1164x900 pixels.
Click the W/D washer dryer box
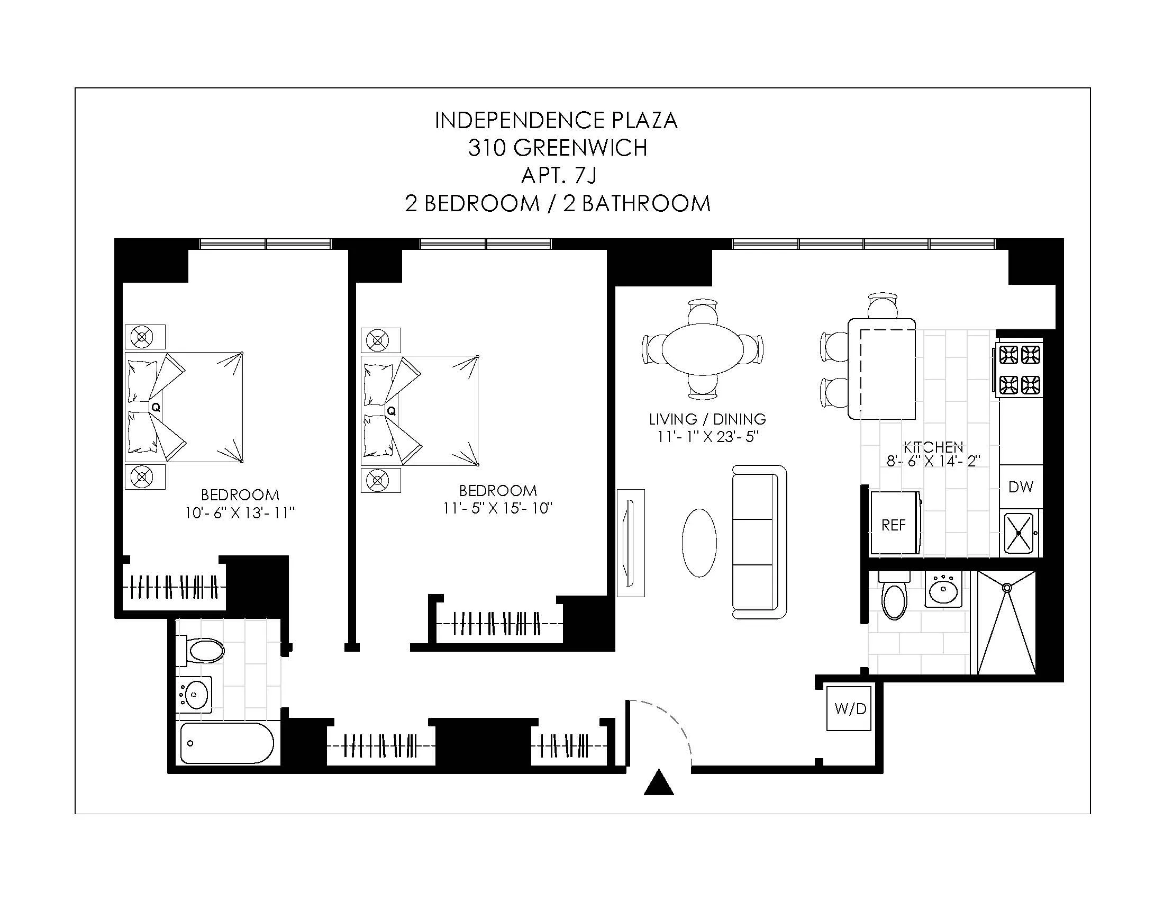pyautogui.click(x=850, y=708)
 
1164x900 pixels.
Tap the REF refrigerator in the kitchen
pyautogui.click(x=894, y=525)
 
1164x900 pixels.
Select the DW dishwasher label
pyautogui.click(x=1021, y=487)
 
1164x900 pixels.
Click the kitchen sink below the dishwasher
pyautogui.click(x=1018, y=533)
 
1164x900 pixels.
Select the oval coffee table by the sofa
pyautogui.click(x=699, y=543)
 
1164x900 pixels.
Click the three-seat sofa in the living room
pyautogui.click(x=759, y=542)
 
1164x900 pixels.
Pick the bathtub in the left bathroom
pyautogui.click(x=227, y=743)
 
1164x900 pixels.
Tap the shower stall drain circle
pyautogui.click(x=1007, y=588)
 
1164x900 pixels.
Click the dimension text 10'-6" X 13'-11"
pyautogui.click(x=240, y=513)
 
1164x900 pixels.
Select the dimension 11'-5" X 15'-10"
pyautogui.click(x=498, y=508)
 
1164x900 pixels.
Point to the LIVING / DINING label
pyautogui.click(x=707, y=419)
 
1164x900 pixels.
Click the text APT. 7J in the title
pyautogui.click(x=559, y=175)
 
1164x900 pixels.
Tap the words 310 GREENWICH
pyautogui.click(x=558, y=148)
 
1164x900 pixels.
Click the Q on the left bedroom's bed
pyautogui.click(x=156, y=407)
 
